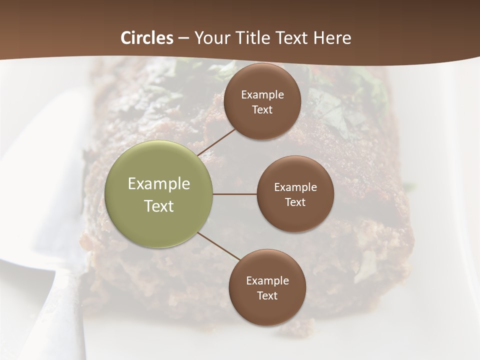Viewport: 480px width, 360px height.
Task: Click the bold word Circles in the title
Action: click(x=147, y=38)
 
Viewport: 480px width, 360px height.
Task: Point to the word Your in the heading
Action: click(x=210, y=38)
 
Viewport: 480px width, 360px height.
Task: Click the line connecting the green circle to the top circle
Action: click(x=216, y=141)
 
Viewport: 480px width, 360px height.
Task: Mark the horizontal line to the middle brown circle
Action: click(x=235, y=194)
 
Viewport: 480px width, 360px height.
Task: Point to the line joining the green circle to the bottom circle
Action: click(x=219, y=246)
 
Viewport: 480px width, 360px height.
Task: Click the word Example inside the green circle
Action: click(x=158, y=184)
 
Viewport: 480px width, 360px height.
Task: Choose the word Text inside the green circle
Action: click(x=158, y=206)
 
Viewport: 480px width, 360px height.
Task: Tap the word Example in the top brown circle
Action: click(x=262, y=95)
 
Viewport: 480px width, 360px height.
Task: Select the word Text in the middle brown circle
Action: click(x=295, y=202)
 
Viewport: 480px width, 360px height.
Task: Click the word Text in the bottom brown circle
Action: click(x=267, y=296)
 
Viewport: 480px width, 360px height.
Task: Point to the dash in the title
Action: click(x=183, y=38)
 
